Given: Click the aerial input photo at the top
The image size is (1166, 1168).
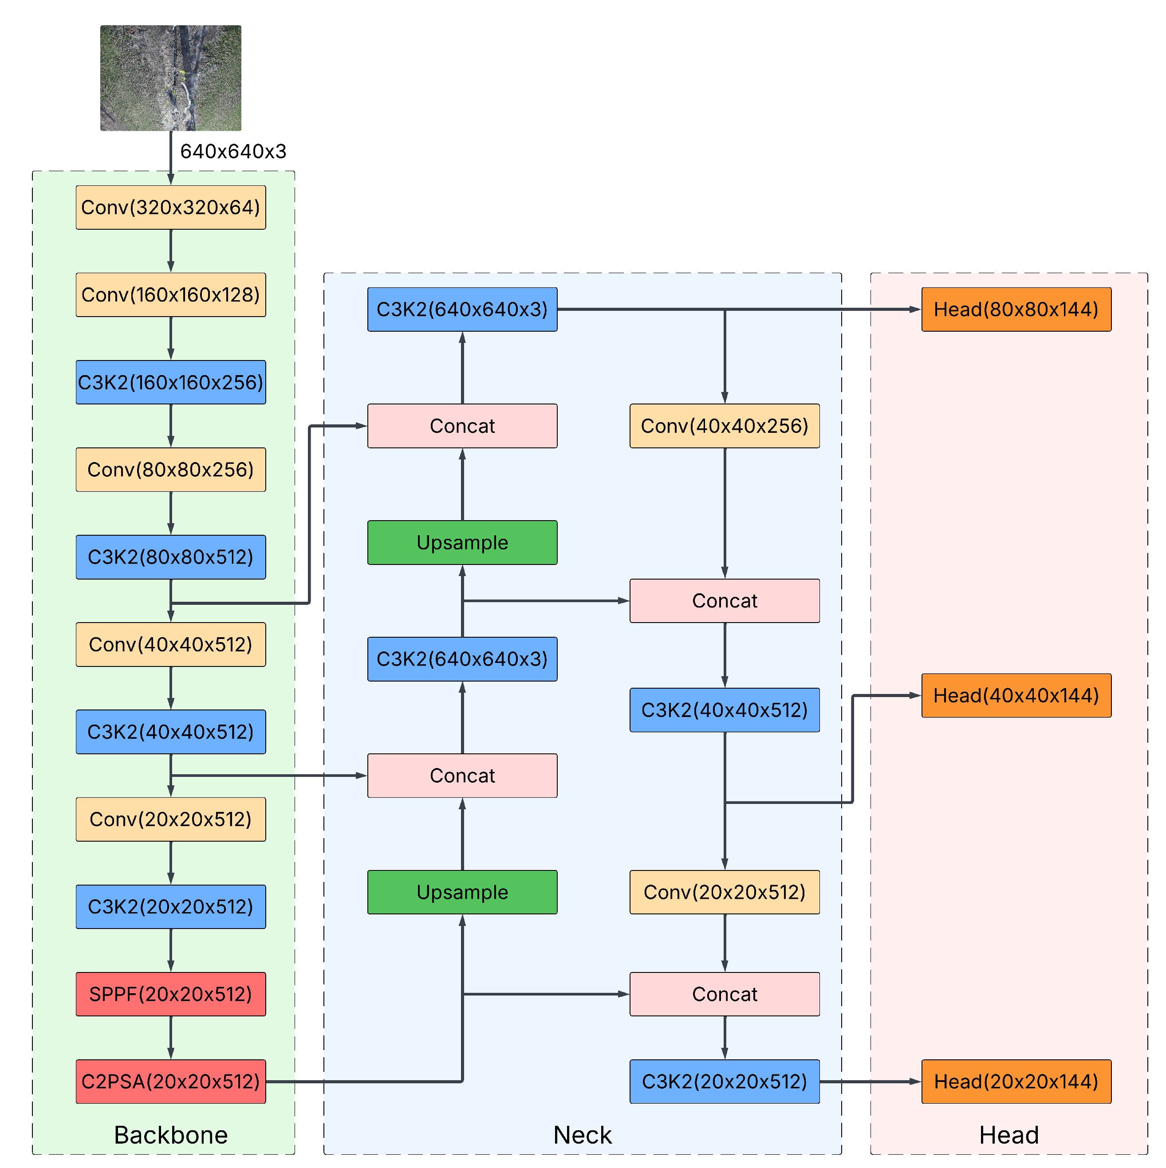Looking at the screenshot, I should pos(170,78).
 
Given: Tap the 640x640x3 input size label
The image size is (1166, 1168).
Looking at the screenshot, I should pos(233,151).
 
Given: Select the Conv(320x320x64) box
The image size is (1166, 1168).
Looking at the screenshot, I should pos(170,208).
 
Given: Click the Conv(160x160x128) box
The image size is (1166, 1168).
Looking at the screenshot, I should pos(170,294).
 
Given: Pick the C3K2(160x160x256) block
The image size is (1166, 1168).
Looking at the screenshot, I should pos(170,382).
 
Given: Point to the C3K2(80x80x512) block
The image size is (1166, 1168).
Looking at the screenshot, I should pos(170,557).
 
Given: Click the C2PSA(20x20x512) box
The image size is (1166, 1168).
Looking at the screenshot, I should pos(170,1082).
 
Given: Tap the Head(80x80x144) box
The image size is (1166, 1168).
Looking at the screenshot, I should pos(1016,310).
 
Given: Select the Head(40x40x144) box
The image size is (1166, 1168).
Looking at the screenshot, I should pos(1016,695).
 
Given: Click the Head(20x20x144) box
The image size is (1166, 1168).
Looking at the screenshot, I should pos(1016,1082).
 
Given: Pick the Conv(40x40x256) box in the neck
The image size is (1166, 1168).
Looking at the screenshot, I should pos(725,426).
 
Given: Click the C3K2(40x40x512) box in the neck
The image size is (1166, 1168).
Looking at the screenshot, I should pos(725,710).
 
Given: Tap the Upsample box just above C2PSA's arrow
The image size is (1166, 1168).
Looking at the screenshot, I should pos(462,892).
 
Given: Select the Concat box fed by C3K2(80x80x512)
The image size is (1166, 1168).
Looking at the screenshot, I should pos(462,426).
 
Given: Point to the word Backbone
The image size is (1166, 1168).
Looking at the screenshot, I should pos(170,1135).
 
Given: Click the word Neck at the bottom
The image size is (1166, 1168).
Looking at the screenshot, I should pos(583,1135).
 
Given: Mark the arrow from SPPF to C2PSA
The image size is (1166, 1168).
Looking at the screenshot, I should pos(170,1038).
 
